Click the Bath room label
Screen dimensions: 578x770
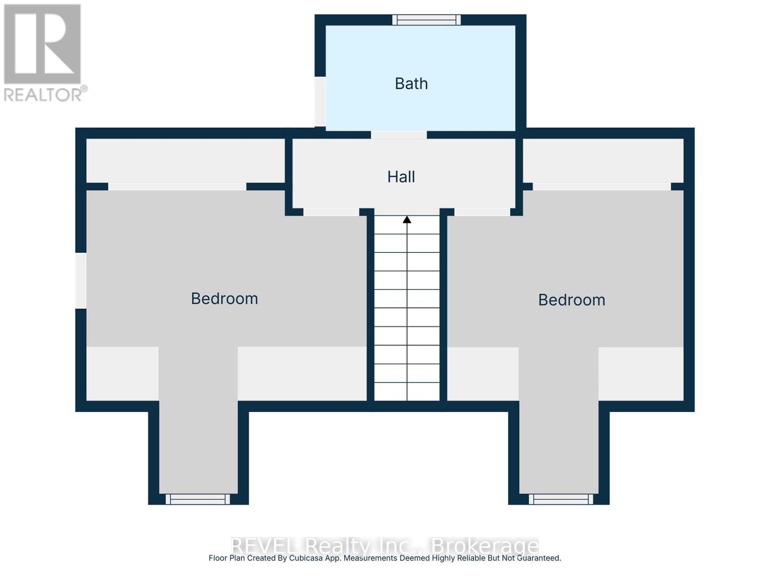[411, 84]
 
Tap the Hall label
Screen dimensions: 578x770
[401, 177]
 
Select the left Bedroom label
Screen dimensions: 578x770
[224, 299]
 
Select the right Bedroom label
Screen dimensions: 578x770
[571, 300]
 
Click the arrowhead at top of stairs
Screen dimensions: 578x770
[407, 220]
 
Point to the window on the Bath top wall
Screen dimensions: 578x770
[426, 20]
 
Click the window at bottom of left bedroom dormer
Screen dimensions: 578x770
[198, 499]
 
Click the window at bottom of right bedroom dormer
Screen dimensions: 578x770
[561, 499]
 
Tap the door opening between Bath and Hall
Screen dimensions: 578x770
[398, 135]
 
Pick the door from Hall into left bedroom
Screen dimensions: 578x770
[331, 212]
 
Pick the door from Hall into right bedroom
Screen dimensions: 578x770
[482, 212]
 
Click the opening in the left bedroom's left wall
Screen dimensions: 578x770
[81, 280]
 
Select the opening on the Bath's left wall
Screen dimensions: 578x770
[320, 101]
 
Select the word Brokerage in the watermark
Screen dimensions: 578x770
[485, 546]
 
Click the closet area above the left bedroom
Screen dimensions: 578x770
[185, 160]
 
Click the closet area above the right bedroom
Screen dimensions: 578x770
[603, 160]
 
